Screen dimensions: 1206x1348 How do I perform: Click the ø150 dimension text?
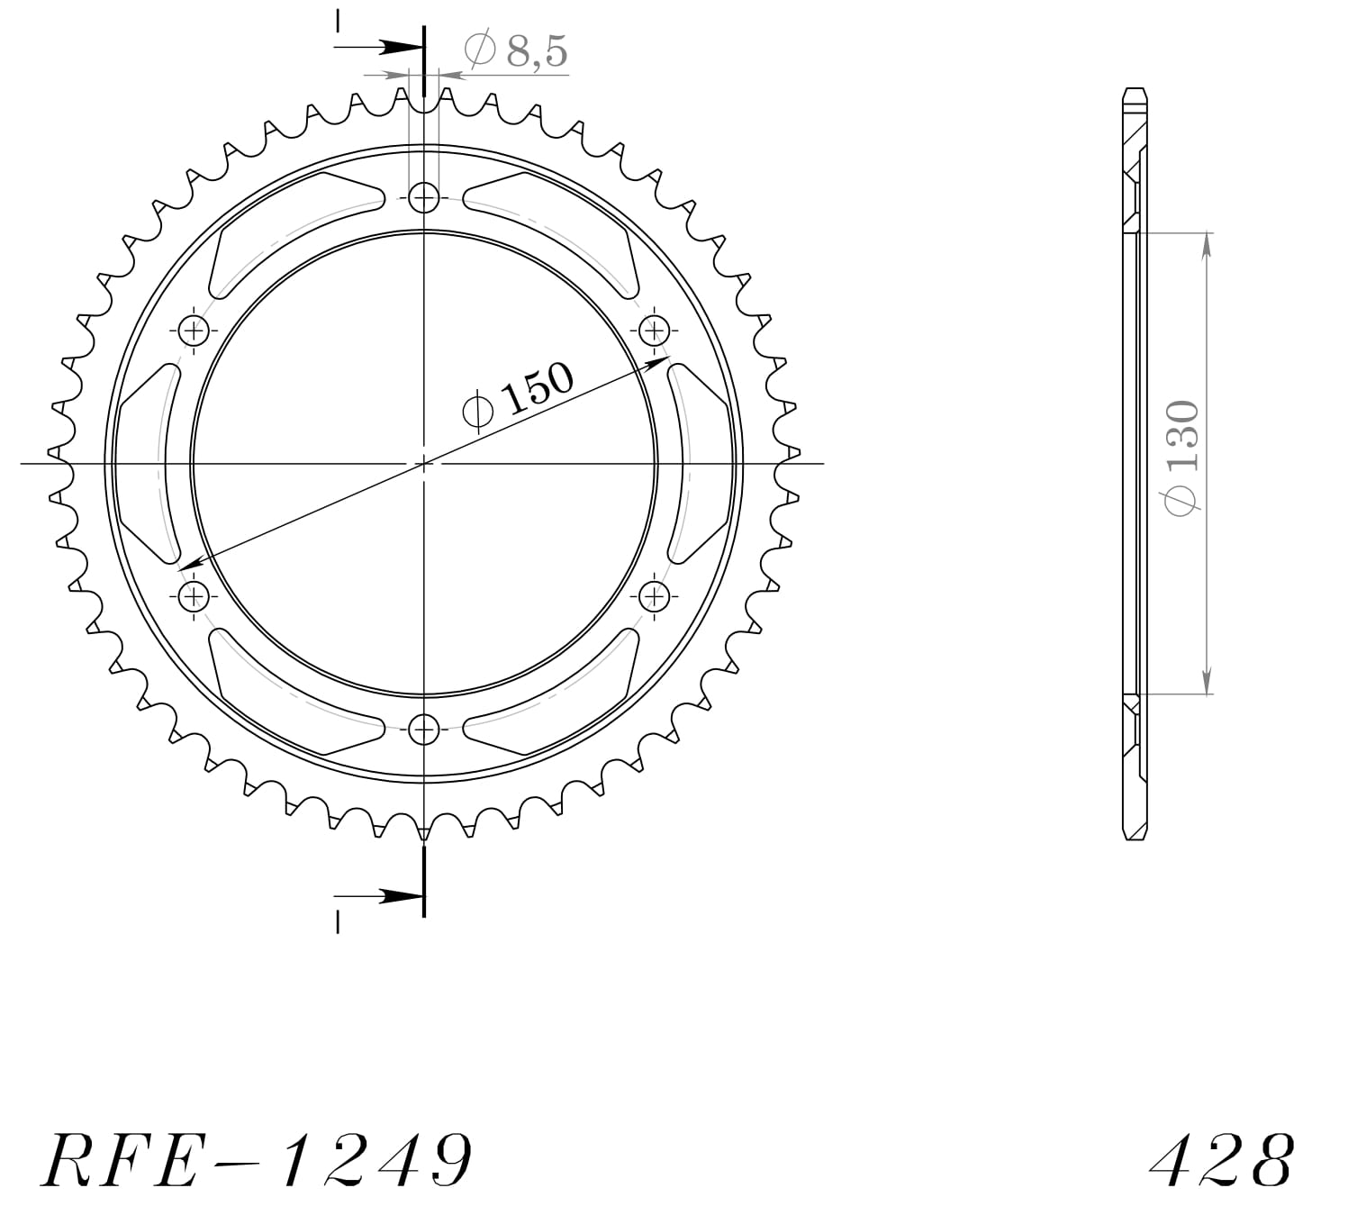(x=517, y=396)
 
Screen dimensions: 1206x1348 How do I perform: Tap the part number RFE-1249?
(x=257, y=1160)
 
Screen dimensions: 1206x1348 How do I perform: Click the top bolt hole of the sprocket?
(x=424, y=197)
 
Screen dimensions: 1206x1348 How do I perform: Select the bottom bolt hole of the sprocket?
(x=424, y=730)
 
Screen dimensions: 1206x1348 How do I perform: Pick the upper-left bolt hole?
(x=194, y=331)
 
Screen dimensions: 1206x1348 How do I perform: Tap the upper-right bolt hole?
(x=655, y=330)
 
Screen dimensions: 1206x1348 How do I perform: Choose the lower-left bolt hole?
(x=194, y=595)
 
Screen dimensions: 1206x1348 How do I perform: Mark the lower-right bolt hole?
(x=655, y=595)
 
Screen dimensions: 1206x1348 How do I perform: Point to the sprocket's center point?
(x=424, y=463)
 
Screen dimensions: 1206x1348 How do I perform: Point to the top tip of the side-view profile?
(x=1135, y=89)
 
